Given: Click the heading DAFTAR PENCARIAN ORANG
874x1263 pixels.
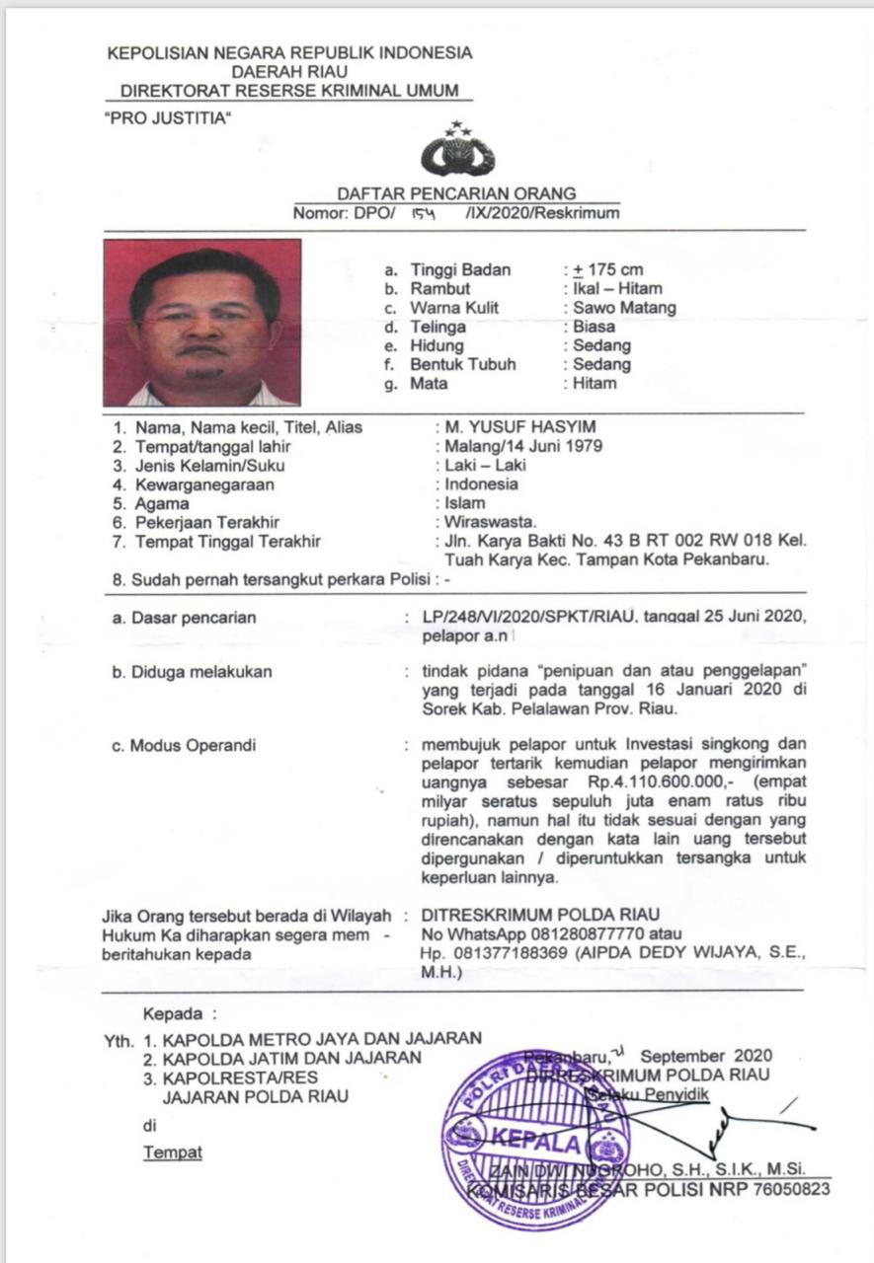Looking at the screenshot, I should click(x=457, y=194).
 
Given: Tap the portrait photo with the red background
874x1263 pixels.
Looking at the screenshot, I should click(x=201, y=323).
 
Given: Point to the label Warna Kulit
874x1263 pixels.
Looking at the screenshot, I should click(x=454, y=308).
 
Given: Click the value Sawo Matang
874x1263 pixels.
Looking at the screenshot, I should click(x=625, y=308).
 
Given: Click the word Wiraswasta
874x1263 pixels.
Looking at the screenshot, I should click(x=490, y=521).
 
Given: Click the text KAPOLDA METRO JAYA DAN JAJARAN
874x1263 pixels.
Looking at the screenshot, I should click(x=322, y=1038).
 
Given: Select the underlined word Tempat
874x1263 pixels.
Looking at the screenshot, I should click(x=173, y=1152).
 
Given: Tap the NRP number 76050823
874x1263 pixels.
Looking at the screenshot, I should click(x=792, y=1189).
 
